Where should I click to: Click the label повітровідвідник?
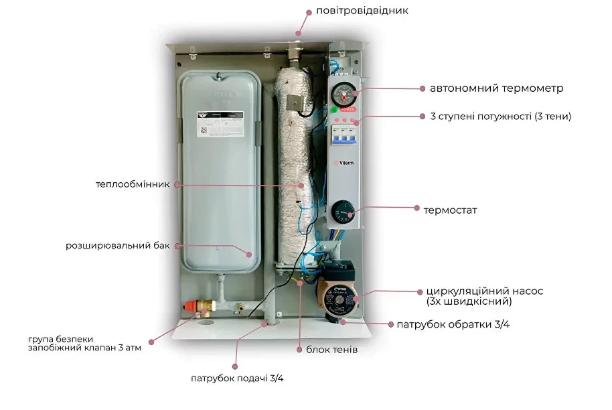pyautogui.click(x=362, y=11)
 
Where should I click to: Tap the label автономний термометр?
pyautogui.click(x=496, y=88)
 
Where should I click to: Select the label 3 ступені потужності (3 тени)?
pyautogui.click(x=500, y=117)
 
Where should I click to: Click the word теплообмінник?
pyautogui.click(x=133, y=184)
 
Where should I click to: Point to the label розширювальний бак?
pyautogui.click(x=117, y=246)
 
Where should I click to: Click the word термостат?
pyautogui.click(x=450, y=210)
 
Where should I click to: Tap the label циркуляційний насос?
pyautogui.click(x=484, y=291)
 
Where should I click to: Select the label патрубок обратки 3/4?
pyautogui.click(x=453, y=324)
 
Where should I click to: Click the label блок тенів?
pyautogui.click(x=331, y=350)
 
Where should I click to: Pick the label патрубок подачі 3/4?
pyautogui.click(x=237, y=379)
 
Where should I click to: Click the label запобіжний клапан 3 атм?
pyautogui.click(x=84, y=348)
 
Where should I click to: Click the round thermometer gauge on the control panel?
pyautogui.click(x=344, y=94)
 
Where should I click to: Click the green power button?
pyautogui.click(x=335, y=110)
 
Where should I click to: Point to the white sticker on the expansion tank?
pyautogui.click(x=220, y=124)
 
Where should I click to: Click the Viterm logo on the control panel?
pyautogui.click(x=344, y=163)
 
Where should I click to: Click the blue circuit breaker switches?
pyautogui.click(x=344, y=135)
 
